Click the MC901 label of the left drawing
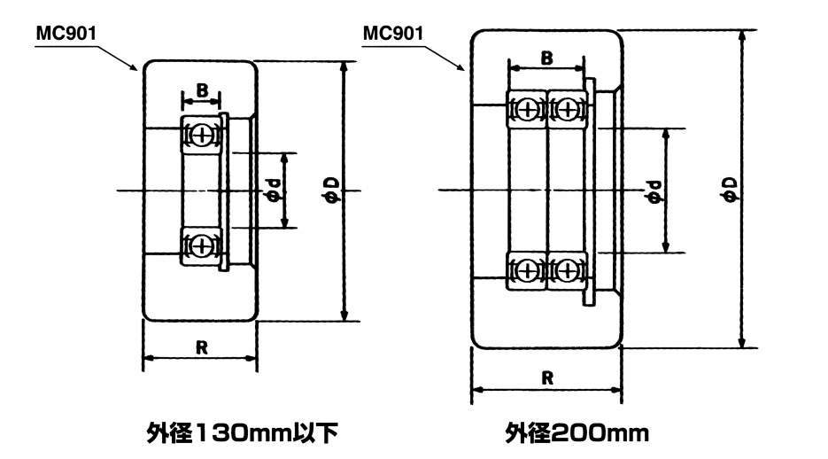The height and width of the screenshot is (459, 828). [66, 34]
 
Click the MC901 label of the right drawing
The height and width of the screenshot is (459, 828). [393, 34]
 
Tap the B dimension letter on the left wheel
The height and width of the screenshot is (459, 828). [202, 90]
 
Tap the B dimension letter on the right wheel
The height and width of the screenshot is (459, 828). [547, 58]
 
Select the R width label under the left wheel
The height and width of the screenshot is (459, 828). [201, 347]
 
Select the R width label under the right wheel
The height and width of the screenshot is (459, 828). [547, 378]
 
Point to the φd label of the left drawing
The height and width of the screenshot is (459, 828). [273, 191]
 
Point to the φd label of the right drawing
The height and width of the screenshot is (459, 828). [654, 191]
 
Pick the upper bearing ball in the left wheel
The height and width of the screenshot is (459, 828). [201, 136]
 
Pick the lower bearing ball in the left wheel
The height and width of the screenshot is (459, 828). [201, 245]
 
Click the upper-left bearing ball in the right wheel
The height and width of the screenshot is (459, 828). [528, 110]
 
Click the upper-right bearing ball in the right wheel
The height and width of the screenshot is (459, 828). [567, 110]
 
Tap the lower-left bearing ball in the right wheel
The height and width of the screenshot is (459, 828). [528, 270]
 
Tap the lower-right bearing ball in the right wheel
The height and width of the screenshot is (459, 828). [567, 270]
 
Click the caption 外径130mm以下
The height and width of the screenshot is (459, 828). [242, 433]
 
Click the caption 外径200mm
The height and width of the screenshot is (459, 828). [577, 433]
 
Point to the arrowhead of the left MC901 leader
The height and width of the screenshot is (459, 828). [135, 69]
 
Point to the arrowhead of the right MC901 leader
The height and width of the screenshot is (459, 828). [463, 69]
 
